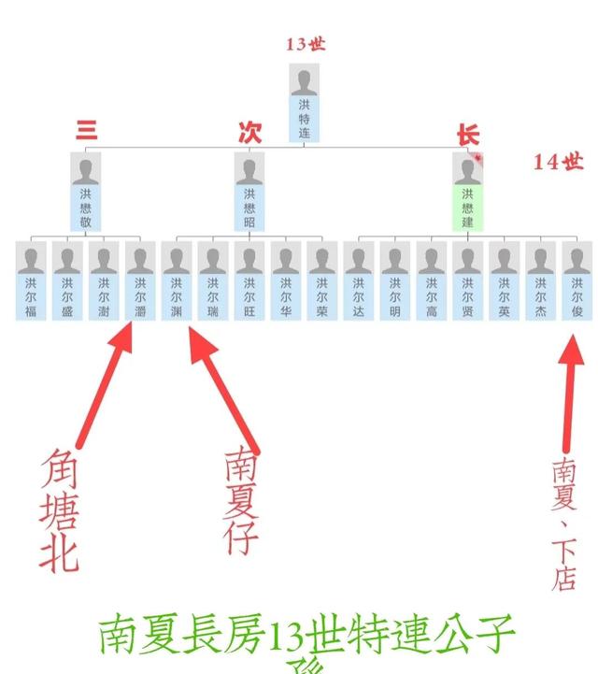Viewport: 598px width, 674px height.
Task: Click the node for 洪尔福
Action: [x=31, y=280]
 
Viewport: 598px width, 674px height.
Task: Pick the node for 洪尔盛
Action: [x=67, y=280]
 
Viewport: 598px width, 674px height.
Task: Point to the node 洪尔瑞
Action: [x=213, y=280]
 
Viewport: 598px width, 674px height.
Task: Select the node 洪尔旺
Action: [x=249, y=280]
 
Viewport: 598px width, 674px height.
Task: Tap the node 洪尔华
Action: [x=286, y=280]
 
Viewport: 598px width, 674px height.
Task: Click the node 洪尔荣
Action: [x=322, y=280]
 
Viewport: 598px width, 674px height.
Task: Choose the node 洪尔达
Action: [x=359, y=280]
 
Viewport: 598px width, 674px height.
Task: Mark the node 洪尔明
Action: [x=395, y=280]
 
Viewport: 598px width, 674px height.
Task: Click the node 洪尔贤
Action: [x=468, y=280]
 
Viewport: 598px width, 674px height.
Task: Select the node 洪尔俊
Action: [x=577, y=280]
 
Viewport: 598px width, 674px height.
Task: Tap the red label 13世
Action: [x=306, y=44]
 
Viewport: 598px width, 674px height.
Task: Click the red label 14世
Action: [x=559, y=162]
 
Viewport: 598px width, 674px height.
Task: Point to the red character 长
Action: [x=467, y=135]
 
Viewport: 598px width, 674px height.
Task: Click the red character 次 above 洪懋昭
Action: [x=249, y=133]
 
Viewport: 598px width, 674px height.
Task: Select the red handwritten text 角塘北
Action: [x=59, y=509]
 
